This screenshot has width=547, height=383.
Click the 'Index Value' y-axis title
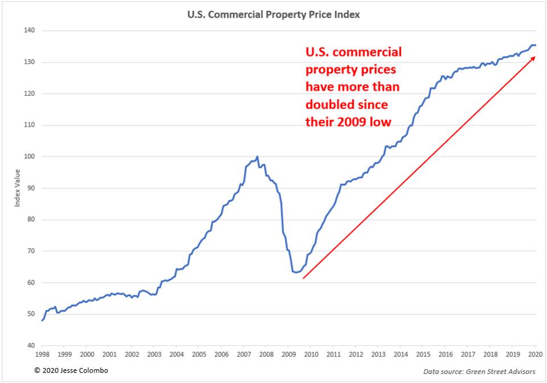point(17,188)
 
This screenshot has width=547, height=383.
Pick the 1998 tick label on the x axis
point(42,354)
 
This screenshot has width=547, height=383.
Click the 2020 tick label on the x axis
point(535,354)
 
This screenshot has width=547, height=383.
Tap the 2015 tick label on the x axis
point(423,354)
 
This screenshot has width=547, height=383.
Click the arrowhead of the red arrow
point(533,58)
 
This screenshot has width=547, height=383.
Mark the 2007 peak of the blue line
point(258,156)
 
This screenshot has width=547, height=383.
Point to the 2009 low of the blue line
point(296,273)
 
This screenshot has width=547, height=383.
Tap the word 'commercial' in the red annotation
point(372,53)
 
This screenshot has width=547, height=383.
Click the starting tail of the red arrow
point(303,278)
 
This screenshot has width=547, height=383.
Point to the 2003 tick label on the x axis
point(154,354)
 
